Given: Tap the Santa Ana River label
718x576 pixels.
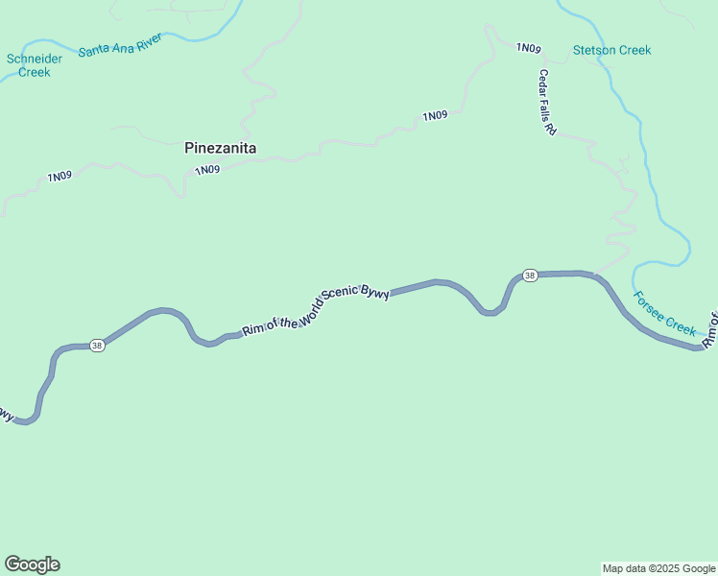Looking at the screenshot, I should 120,44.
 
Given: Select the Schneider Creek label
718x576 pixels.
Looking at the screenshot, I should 35,65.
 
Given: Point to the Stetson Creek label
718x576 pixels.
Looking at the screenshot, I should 611,50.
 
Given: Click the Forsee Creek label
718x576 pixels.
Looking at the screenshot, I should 665,314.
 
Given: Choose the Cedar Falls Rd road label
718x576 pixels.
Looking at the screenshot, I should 547,102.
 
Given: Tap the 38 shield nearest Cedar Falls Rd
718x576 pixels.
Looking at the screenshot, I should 530,276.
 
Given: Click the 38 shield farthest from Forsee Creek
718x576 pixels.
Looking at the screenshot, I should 96,346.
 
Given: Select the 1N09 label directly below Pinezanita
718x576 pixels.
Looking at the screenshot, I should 207,170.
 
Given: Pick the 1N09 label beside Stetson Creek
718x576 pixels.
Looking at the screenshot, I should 529,48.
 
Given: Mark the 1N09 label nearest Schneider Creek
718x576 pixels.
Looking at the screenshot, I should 60,177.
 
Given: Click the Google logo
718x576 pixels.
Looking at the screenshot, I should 32,564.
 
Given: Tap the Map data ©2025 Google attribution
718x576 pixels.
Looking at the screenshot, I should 658,568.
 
